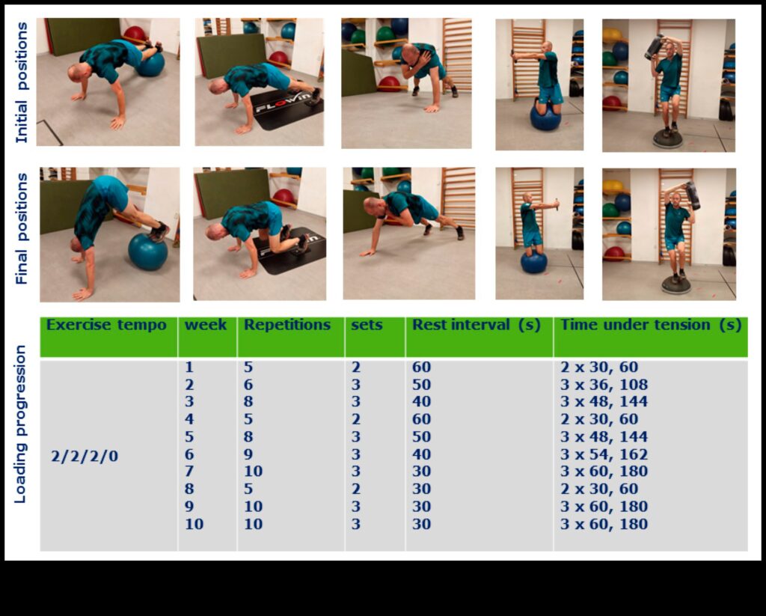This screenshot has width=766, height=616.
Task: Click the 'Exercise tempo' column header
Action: (x=106, y=325)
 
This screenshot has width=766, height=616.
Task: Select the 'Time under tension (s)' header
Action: (x=650, y=325)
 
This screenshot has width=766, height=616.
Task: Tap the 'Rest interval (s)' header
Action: (x=476, y=325)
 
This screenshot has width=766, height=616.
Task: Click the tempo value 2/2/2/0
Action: (x=85, y=455)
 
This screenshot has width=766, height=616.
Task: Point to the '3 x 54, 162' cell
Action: (x=604, y=454)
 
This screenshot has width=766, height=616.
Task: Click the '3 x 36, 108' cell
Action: (x=604, y=385)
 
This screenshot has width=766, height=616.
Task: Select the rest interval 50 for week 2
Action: (x=421, y=385)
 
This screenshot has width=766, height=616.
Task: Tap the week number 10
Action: (x=194, y=524)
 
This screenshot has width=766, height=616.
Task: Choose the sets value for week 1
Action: (x=355, y=368)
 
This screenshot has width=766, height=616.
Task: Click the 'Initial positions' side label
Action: (x=22, y=82)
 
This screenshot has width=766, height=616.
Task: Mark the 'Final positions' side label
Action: (x=22, y=228)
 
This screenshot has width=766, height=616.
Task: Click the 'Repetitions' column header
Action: (x=287, y=325)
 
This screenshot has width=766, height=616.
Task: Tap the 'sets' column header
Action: (x=367, y=325)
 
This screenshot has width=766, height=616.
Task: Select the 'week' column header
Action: (x=206, y=325)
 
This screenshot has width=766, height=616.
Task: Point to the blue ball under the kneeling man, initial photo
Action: (x=545, y=118)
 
